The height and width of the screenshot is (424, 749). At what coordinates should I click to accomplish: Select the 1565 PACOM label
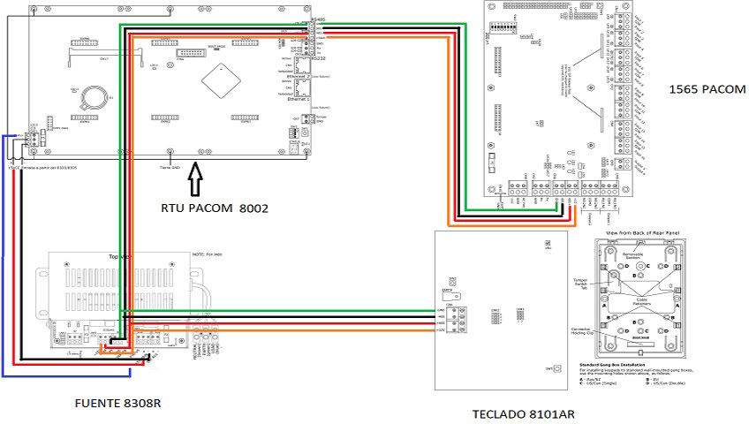pyautogui.click(x=707, y=89)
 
